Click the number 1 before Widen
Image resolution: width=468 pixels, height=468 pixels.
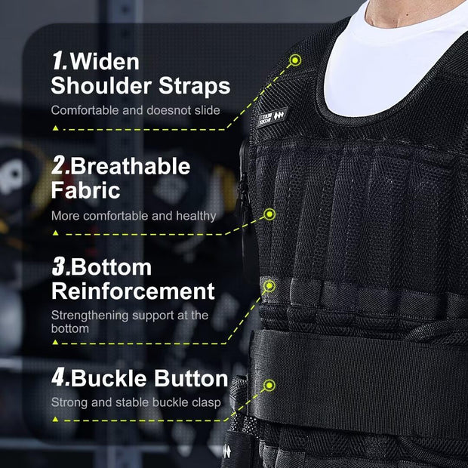58,60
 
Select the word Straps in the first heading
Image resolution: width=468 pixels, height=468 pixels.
194,85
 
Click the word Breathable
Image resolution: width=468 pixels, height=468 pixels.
131,165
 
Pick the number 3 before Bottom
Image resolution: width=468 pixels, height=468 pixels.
59,267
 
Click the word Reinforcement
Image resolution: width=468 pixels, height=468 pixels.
133,291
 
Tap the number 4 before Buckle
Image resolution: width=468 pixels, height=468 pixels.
60,377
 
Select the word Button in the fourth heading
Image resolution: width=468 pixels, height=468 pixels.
192,377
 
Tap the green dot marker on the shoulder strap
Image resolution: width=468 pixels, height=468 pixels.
294,60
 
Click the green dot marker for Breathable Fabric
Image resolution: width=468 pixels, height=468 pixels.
269,214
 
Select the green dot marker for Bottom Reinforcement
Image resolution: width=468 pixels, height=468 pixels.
269,285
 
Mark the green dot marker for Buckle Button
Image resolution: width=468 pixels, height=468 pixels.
269,386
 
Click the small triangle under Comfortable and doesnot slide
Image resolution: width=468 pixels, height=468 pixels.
54,128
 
